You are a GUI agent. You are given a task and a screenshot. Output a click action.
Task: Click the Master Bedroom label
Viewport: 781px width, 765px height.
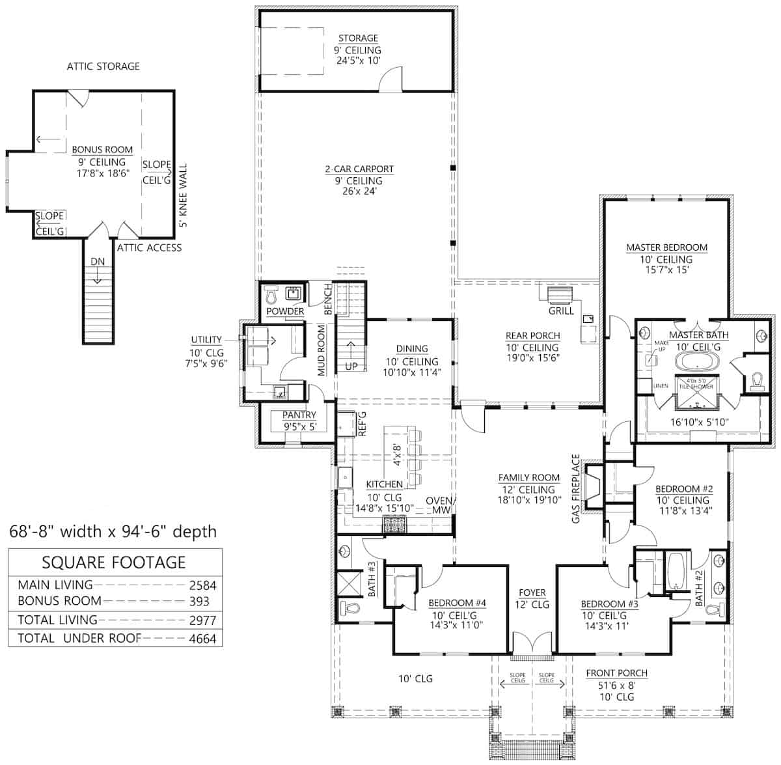click(666, 247)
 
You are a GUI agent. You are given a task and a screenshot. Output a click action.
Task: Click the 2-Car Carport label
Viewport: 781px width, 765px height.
click(359, 169)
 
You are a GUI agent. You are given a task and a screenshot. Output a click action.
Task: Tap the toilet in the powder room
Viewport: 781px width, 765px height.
click(272, 297)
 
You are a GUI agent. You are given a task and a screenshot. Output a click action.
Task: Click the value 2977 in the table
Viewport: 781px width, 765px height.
click(202, 620)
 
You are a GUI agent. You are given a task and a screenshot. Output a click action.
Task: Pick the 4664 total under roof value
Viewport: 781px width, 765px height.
click(202, 639)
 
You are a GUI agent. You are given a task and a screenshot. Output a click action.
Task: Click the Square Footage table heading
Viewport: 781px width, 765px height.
click(114, 563)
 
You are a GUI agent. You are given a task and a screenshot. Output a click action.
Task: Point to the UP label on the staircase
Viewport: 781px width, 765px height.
click(351, 366)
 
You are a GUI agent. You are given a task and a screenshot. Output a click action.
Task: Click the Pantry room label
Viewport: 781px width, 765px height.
click(299, 415)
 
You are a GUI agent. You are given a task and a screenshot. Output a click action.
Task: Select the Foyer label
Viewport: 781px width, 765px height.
click(532, 592)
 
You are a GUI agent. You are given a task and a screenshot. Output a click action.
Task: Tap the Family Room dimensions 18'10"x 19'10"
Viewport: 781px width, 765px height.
click(528, 501)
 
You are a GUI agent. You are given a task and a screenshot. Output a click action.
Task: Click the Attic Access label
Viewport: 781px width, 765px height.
click(149, 247)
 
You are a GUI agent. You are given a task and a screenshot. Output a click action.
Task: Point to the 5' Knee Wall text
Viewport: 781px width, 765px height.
click(184, 195)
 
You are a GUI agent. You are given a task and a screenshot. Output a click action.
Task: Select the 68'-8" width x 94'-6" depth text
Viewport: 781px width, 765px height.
click(113, 531)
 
